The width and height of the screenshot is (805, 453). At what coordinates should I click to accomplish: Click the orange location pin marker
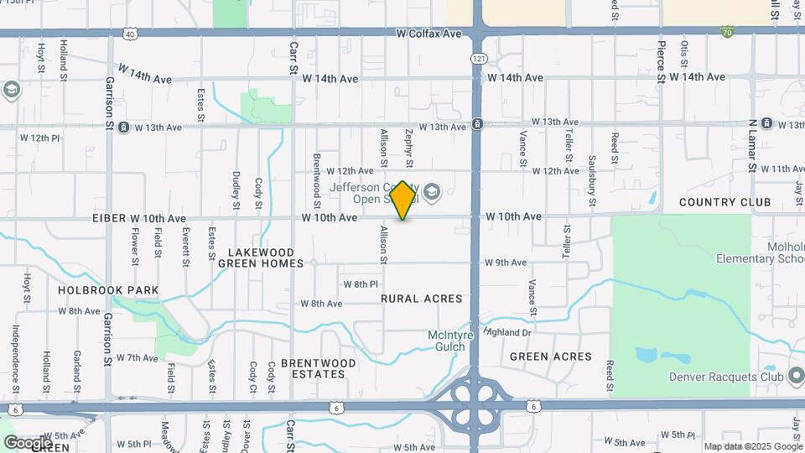[403, 200]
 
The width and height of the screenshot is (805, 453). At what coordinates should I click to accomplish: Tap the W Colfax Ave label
[430, 34]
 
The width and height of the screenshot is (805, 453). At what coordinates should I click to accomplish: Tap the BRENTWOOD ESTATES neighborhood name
[318, 368]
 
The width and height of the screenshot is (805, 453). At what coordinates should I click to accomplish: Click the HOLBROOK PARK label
[108, 290]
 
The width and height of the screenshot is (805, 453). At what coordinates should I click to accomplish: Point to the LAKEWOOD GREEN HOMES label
[261, 258]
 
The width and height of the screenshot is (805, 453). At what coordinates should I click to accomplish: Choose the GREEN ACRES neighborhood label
[551, 357]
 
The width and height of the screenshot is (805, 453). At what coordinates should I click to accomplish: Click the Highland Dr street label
[509, 332]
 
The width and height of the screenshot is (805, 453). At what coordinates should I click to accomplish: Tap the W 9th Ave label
[505, 263]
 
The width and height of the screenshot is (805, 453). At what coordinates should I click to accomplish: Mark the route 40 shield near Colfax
[128, 34]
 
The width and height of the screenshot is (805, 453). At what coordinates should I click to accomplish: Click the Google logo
[27, 442]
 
